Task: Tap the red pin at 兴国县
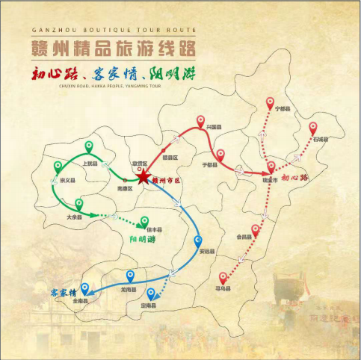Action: pos(200,121)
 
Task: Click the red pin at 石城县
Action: pos(313,128)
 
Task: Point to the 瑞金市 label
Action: pos(269,180)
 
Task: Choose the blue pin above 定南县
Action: pos(152,294)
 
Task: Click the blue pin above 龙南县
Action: pos(130,277)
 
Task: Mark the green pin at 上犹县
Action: pos(89,147)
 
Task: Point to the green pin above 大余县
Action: pos(78,204)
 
